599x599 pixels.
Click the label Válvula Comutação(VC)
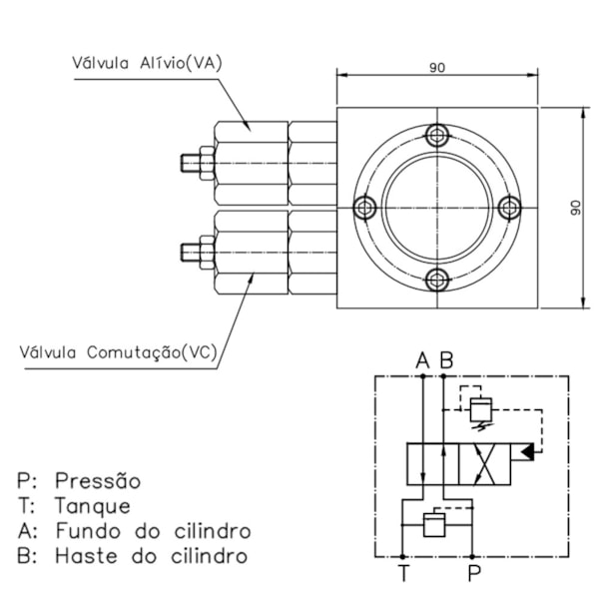pos(118,351)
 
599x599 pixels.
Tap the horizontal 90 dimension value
pos(437,68)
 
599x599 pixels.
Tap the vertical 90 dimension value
pos(575,207)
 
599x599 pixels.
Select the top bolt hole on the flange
pos(437,136)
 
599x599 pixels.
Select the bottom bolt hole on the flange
pos(437,280)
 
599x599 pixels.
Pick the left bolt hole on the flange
pos(365,208)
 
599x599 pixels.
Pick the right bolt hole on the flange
pos(509,208)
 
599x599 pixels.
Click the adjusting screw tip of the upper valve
pos(187,161)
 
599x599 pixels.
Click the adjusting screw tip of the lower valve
pos(187,250)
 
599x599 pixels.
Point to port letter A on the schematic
pos(422,359)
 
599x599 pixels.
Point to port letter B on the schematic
pos(447,359)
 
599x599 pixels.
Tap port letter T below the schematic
pos(403,574)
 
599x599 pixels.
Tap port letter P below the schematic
pos(474,574)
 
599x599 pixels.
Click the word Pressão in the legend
pos(98,481)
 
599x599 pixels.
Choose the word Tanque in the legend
pos(92,506)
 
